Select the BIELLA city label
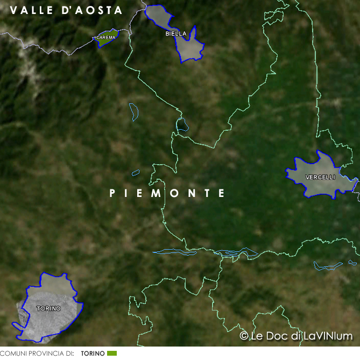pyautogui.click(x=176, y=33)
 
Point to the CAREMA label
pyautogui.click(x=105, y=38)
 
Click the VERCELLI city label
pyautogui.click(x=320, y=177)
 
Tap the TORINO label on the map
pyautogui.click(x=48, y=309)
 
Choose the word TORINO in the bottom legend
pyautogui.click(x=93, y=354)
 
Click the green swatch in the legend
pyautogui.click(x=111, y=354)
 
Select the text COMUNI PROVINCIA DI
pyautogui.click(x=37, y=354)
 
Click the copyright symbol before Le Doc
pyautogui.click(x=244, y=336)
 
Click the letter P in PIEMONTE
pyautogui.click(x=112, y=193)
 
